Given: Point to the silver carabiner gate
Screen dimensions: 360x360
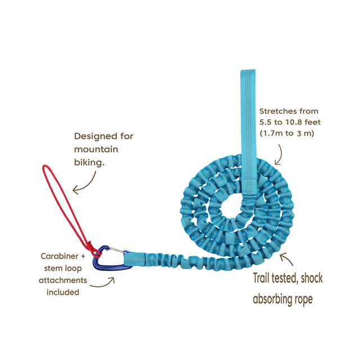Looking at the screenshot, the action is [116, 250].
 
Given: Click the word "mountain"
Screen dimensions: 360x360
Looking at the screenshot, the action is [96, 150].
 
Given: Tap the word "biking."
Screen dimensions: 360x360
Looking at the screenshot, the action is [89, 163].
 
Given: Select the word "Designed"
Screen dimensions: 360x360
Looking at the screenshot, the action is [92, 136].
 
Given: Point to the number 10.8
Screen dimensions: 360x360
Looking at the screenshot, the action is [293, 123].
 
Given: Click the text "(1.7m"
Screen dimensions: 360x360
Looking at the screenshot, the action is [271, 133].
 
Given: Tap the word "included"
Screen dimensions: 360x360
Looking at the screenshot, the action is [62, 292].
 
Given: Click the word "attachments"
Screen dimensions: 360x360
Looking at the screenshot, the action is [62, 280].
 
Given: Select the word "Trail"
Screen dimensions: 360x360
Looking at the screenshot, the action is [261, 278].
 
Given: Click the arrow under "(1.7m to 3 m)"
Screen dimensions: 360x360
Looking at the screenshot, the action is [280, 155].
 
